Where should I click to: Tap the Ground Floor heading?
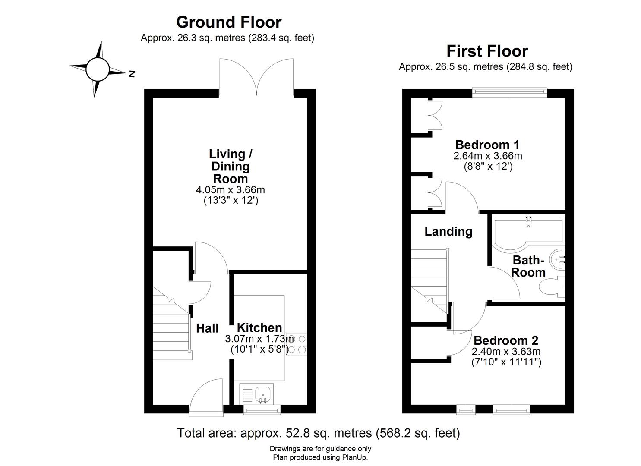[228, 22]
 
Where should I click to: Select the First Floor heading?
[486, 51]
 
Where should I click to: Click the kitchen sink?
[262, 394]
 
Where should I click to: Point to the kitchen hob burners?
[296, 344]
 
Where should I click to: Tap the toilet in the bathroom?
[550, 287]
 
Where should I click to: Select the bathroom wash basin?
[558, 260]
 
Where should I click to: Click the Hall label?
[207, 328]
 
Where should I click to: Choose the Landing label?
[448, 231]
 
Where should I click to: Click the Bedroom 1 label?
[487, 145]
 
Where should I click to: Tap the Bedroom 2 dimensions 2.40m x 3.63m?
[506, 352]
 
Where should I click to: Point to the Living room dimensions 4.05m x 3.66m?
[230, 189]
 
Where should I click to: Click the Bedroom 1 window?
[509, 91]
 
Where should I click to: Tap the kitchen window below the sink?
[262, 409]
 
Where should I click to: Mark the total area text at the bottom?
[319, 433]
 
